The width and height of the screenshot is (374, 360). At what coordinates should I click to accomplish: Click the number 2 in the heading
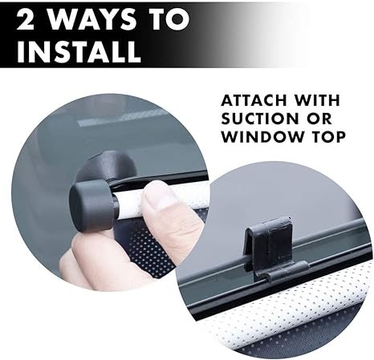(x=26, y=19)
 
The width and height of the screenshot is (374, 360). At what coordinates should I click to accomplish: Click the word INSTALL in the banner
(x=79, y=51)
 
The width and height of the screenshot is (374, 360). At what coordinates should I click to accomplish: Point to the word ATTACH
(x=254, y=100)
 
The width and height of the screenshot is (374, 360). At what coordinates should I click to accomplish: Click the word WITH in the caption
(x=317, y=100)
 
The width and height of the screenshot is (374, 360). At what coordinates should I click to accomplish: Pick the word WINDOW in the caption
(x=262, y=136)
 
